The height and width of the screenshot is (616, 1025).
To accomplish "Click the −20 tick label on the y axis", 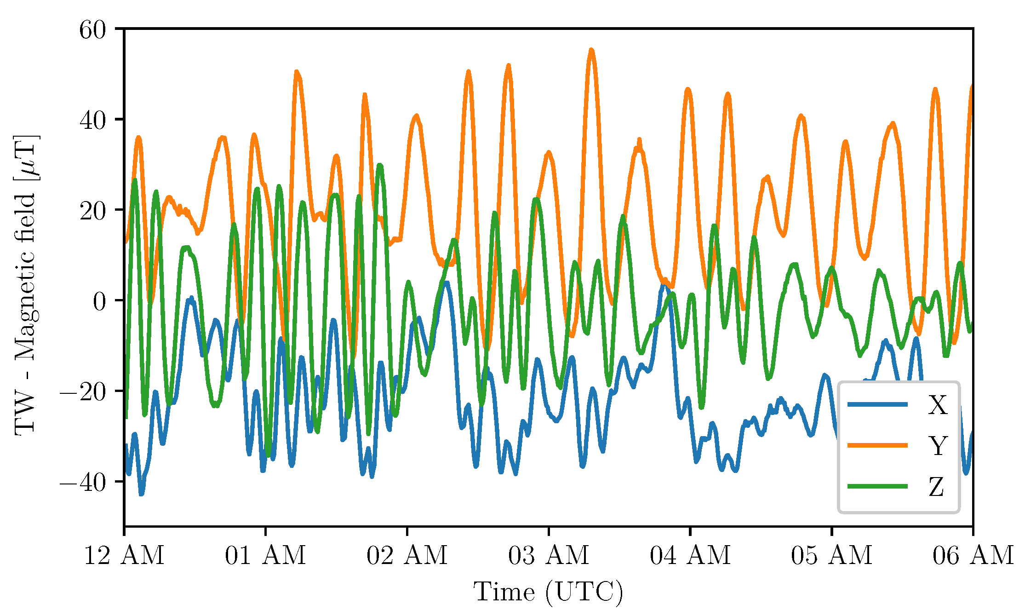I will pyautogui.click(x=83, y=392).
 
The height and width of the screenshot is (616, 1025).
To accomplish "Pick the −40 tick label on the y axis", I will pyautogui.click(x=83, y=483).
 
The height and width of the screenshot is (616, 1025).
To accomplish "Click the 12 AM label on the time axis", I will pyautogui.click(x=124, y=555).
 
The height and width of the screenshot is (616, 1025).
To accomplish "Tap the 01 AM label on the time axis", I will pyautogui.click(x=265, y=555).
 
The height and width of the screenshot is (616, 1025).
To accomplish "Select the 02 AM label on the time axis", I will pyautogui.click(x=407, y=555).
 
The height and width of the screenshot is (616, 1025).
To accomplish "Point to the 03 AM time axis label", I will pyautogui.click(x=549, y=555).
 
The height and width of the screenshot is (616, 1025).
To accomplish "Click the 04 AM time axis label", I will pyautogui.click(x=690, y=555).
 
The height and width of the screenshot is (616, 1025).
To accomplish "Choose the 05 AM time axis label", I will pyautogui.click(x=831, y=555).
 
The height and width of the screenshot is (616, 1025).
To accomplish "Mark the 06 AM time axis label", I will pyautogui.click(x=973, y=555).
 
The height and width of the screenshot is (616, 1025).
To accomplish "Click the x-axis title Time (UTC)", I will pyautogui.click(x=548, y=592).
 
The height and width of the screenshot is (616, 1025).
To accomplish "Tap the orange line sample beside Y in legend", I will pyautogui.click(x=877, y=445).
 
